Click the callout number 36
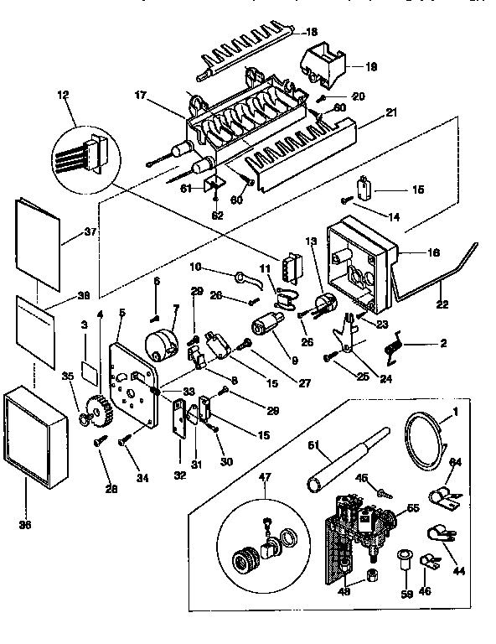[25, 526]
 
